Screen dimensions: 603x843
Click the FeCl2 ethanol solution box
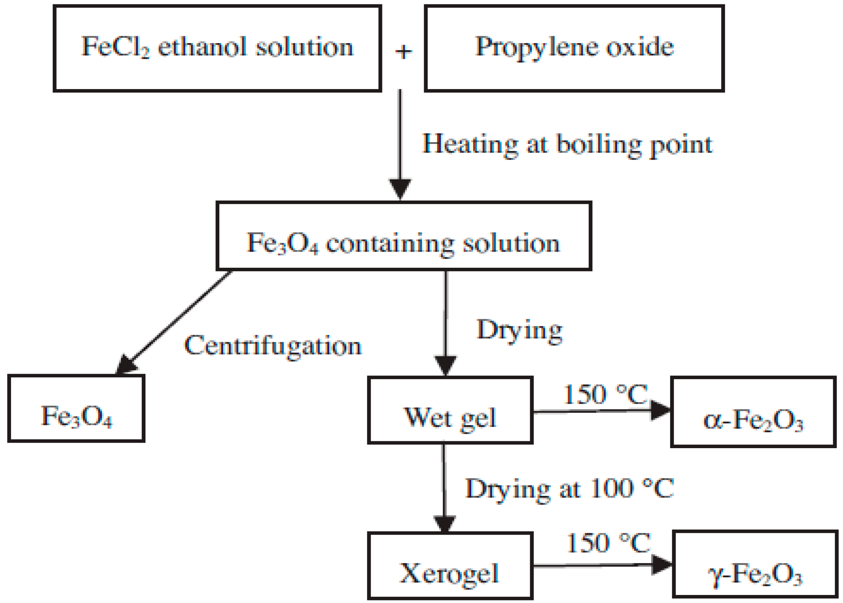click(x=218, y=48)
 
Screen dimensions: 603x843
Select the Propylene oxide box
click(x=574, y=48)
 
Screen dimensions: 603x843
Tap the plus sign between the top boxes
click(x=403, y=51)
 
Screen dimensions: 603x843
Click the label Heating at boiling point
click(x=567, y=144)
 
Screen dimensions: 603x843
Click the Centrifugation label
click(x=273, y=346)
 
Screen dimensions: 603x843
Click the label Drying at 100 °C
click(x=569, y=488)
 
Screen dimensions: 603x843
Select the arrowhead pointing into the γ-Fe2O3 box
click(x=662, y=564)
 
